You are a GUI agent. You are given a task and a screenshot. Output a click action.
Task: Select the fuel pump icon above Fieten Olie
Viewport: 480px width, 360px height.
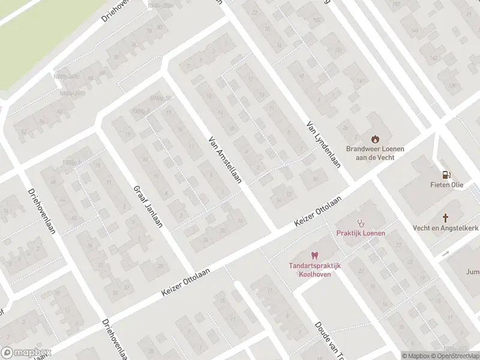[x=445, y=175]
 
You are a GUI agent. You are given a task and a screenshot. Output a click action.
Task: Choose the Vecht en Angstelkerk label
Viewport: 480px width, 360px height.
[x=446, y=228]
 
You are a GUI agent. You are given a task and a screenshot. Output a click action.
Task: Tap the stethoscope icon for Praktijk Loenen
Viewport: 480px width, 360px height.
[x=361, y=223]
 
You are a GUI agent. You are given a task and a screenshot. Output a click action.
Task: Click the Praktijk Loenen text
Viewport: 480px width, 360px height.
[x=361, y=233]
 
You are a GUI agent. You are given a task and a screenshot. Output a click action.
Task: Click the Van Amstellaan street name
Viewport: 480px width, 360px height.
[x=224, y=158]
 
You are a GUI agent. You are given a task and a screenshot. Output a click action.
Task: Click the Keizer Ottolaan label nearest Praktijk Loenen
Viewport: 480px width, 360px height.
[x=318, y=212]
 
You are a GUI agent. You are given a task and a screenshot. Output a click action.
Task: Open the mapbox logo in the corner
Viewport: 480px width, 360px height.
[x=26, y=352]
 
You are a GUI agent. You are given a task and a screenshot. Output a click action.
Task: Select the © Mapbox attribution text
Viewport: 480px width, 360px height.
[x=416, y=356]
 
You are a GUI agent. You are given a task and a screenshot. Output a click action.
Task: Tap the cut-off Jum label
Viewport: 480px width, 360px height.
[x=473, y=271]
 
